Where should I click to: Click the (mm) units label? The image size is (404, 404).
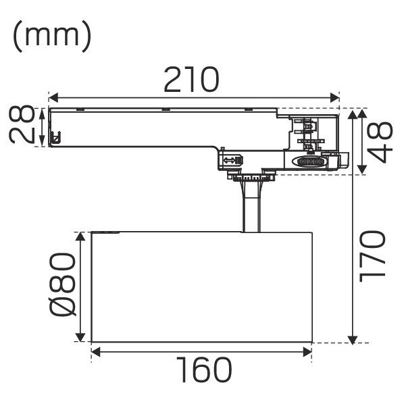(x=52, y=36)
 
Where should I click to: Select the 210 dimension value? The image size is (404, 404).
(x=191, y=79)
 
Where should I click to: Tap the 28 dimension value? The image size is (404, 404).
(x=22, y=124)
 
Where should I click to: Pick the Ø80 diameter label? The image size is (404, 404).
(x=63, y=284)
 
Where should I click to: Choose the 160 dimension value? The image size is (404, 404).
(x=204, y=370)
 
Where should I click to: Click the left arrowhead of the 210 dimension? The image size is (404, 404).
(x=53, y=98)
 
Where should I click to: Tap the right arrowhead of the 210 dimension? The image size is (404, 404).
(x=334, y=98)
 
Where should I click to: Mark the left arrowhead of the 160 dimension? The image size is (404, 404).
(x=96, y=352)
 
